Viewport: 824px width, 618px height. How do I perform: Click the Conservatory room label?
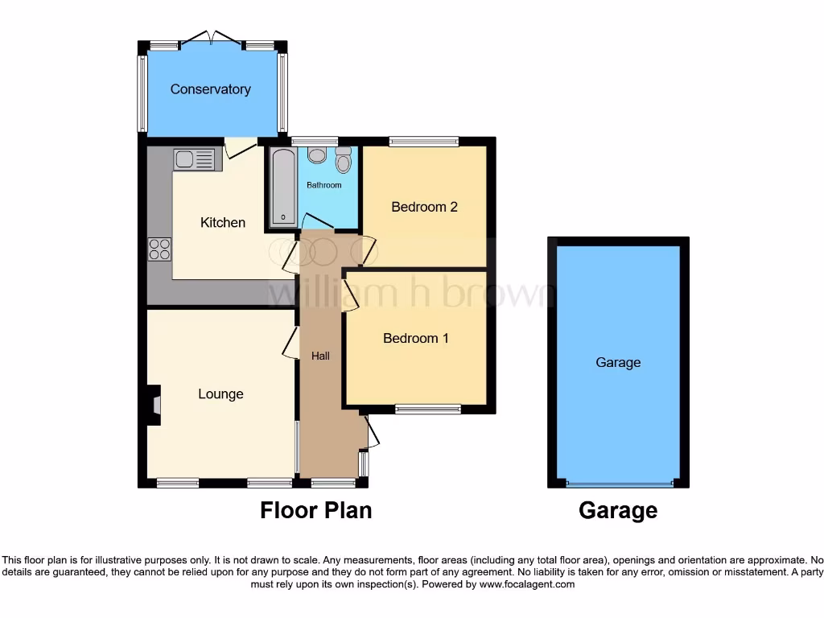point(210,89)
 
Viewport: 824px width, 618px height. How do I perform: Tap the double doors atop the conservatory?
point(212,40)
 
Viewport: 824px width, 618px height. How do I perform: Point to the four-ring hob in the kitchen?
point(159,249)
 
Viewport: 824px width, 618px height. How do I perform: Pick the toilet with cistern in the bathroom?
point(344,161)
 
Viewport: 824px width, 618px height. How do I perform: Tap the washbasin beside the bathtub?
point(316,155)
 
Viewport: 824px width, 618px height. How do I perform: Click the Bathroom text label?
point(323,185)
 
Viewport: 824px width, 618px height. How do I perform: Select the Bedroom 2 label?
point(424,207)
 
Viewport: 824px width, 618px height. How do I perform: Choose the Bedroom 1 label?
point(415,338)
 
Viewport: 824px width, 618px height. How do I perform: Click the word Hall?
point(319,356)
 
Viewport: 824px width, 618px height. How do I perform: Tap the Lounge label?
point(220,394)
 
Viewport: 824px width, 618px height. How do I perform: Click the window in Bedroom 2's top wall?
point(423,142)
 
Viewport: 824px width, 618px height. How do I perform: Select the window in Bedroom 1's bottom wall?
point(428,409)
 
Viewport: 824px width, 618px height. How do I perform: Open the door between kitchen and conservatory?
point(240,146)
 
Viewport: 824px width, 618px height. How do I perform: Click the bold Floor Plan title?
point(315,510)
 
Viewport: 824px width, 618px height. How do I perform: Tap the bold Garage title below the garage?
point(617,510)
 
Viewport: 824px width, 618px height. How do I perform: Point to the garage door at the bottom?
point(619,484)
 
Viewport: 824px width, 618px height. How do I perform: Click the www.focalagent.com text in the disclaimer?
point(526,584)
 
